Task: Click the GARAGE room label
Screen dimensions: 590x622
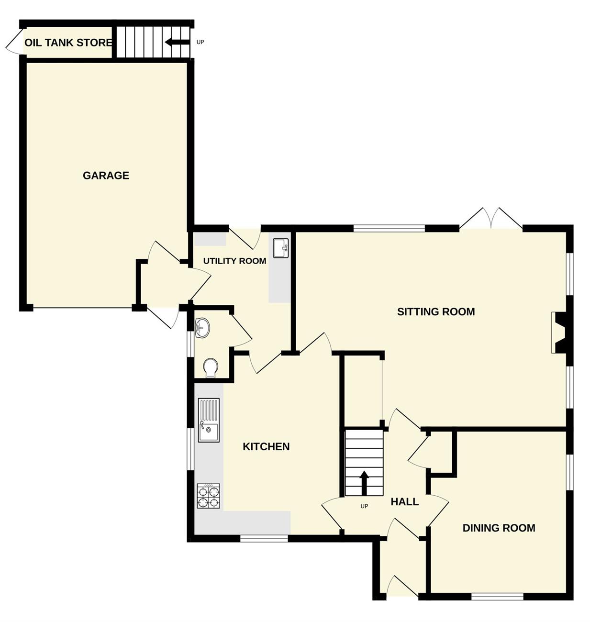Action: pyautogui.click(x=106, y=176)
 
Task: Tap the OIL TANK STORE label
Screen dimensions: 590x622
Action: pyautogui.click(x=68, y=43)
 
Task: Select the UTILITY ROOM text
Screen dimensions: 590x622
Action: pyautogui.click(x=234, y=261)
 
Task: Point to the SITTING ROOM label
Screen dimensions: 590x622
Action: pyautogui.click(x=436, y=311)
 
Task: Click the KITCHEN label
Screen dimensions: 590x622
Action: pyautogui.click(x=266, y=446)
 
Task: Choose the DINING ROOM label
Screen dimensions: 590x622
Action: pyautogui.click(x=499, y=528)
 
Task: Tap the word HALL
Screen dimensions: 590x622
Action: pyautogui.click(x=404, y=501)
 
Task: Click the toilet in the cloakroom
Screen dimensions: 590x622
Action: pyautogui.click(x=211, y=367)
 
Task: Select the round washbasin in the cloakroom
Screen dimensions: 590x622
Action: pyautogui.click(x=202, y=328)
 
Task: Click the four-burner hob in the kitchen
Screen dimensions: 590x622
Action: pyautogui.click(x=209, y=496)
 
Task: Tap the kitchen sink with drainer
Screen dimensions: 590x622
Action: pyautogui.click(x=209, y=420)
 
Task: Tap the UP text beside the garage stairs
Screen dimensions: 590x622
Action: pyautogui.click(x=200, y=42)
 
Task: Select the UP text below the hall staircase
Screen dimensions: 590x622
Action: pyautogui.click(x=364, y=506)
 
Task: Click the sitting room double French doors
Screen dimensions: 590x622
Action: pyautogui.click(x=491, y=218)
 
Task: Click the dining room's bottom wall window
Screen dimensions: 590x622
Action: pyautogui.click(x=497, y=596)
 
